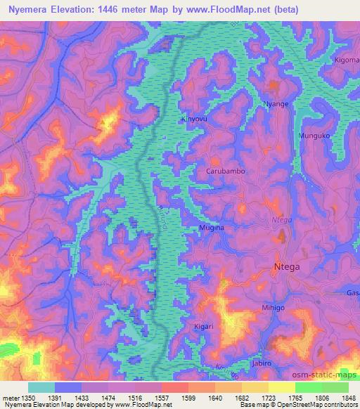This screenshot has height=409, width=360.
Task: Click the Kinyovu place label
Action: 195,119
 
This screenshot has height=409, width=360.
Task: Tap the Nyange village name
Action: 276,104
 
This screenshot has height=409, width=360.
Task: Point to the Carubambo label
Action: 225,171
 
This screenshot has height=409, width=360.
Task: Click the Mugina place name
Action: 211,228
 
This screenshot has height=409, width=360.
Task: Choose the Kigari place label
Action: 205,328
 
